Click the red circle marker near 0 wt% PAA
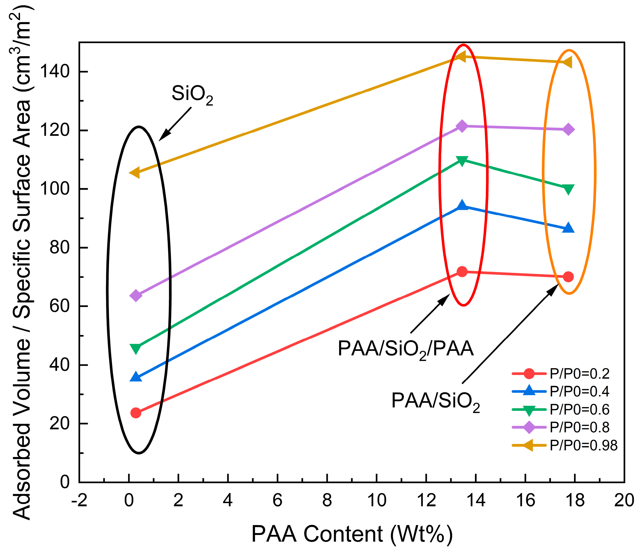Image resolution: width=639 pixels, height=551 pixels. [x=136, y=413]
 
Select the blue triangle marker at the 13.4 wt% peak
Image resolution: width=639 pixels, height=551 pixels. [x=462, y=205]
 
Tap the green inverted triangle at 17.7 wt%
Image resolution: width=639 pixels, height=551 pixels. [x=568, y=189]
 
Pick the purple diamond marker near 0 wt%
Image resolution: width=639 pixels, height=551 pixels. [x=136, y=296]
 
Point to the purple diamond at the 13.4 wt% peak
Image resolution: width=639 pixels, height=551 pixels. [x=462, y=126]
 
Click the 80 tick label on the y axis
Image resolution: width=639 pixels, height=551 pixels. [x=60, y=247]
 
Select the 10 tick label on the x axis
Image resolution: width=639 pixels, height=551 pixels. [x=377, y=501]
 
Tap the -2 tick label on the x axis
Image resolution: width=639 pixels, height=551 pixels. [x=79, y=501]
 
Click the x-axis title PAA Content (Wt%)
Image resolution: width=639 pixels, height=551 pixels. [x=352, y=534]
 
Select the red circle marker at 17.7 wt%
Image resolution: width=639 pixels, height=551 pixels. [x=568, y=277]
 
